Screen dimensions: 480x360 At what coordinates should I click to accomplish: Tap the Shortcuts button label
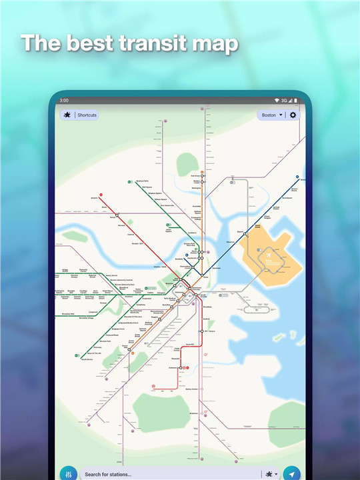tap(87, 115)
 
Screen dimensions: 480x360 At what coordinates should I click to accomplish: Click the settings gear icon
tap(293, 115)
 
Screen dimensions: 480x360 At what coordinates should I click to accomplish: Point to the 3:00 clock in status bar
tap(64, 100)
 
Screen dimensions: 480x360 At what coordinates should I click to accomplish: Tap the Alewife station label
tap(94, 198)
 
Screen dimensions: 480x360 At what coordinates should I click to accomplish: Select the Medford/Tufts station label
tap(142, 181)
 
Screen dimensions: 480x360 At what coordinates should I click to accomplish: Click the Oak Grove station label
tap(196, 176)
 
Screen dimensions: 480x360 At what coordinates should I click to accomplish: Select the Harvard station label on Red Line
tap(123, 225)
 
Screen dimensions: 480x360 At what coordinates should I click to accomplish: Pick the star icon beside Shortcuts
tap(67, 115)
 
